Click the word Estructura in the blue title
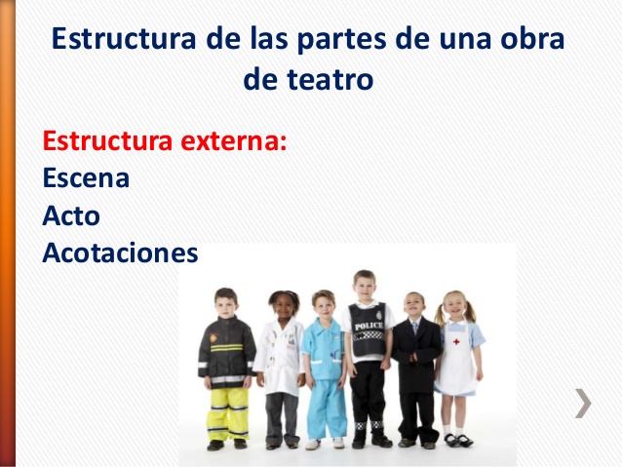click(x=124, y=38)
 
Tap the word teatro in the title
click(x=330, y=79)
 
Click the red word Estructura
click(x=107, y=140)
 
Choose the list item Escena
click(x=86, y=177)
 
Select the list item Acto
click(x=71, y=215)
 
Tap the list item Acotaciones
click(x=120, y=253)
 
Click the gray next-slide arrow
click(x=584, y=403)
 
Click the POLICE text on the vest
click(x=369, y=327)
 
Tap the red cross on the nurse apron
click(x=456, y=341)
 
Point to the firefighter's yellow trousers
click(x=228, y=413)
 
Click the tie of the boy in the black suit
click(x=415, y=328)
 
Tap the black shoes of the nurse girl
click(x=458, y=440)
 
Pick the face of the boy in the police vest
click(x=365, y=287)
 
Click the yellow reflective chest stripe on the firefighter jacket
click(x=227, y=348)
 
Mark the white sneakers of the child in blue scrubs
click(x=325, y=443)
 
